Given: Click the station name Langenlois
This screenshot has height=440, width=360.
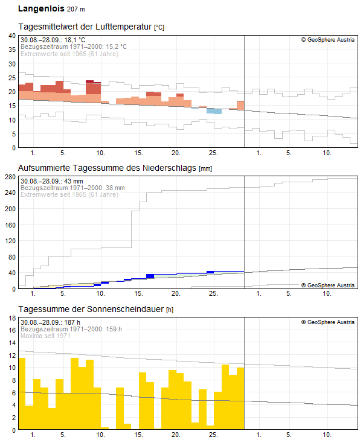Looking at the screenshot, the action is [x=41, y=8].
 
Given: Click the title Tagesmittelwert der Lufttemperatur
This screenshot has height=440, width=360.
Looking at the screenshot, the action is [x=85, y=27].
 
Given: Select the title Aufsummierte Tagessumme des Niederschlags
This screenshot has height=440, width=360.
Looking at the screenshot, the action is [x=107, y=168].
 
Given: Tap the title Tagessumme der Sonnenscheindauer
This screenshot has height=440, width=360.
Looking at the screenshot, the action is [x=91, y=309].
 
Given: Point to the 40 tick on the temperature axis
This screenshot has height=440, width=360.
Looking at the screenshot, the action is [x=12, y=36].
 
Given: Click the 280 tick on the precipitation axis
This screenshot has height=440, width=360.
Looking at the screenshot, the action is [x=10, y=177].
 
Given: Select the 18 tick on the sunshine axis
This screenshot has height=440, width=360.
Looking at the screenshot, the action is [x=12, y=318].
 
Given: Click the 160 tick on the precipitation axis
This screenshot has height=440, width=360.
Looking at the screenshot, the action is [x=10, y=225].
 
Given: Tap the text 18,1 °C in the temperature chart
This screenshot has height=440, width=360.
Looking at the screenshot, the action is [x=74, y=40].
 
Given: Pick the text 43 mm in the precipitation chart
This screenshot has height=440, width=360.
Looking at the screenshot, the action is [x=74, y=181].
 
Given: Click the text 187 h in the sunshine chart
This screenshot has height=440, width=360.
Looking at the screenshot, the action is [x=72, y=322].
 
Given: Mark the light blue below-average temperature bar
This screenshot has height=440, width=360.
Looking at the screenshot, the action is [x=214, y=111].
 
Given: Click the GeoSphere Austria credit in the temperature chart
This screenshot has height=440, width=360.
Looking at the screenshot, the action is [x=328, y=40].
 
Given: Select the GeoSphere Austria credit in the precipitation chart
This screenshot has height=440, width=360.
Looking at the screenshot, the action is [x=328, y=285].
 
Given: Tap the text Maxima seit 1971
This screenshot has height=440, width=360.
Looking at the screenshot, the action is [x=45, y=336].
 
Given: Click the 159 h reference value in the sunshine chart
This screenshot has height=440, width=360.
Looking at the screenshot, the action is [x=114, y=329].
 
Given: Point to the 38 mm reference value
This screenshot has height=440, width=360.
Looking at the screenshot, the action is [x=115, y=188].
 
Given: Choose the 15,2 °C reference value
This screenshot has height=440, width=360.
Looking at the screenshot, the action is [x=116, y=46].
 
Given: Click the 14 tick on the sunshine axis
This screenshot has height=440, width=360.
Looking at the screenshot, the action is [x=12, y=343].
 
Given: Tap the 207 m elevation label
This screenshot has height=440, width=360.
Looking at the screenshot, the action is [x=76, y=9].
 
